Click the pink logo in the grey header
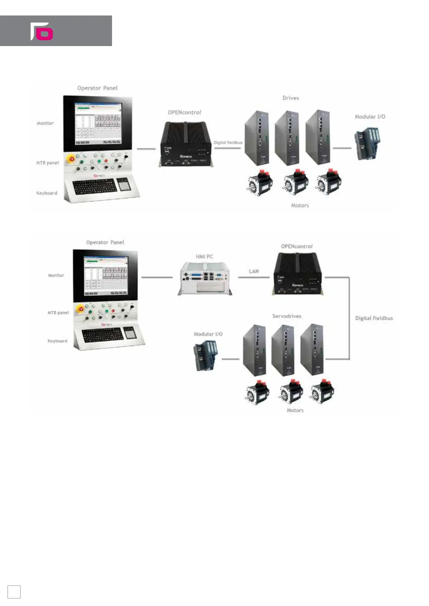pos(42,31)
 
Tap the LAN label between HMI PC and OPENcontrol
pos(254,271)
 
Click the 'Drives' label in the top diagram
pos(291,98)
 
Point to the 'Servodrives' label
pos(287,316)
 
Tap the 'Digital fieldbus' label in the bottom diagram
pos(374,318)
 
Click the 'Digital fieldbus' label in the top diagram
pos(228,143)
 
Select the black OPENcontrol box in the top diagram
pos(186,144)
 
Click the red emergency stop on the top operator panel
pos(72,158)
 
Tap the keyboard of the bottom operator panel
pos(103,335)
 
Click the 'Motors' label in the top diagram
pos(300,205)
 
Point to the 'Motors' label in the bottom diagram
pos(295,410)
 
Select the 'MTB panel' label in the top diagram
pos(47,163)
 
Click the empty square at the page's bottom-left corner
pos(14,592)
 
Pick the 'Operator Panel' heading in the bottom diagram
pos(105,242)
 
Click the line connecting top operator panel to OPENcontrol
pos(146,149)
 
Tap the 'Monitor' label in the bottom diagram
pos(56,275)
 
